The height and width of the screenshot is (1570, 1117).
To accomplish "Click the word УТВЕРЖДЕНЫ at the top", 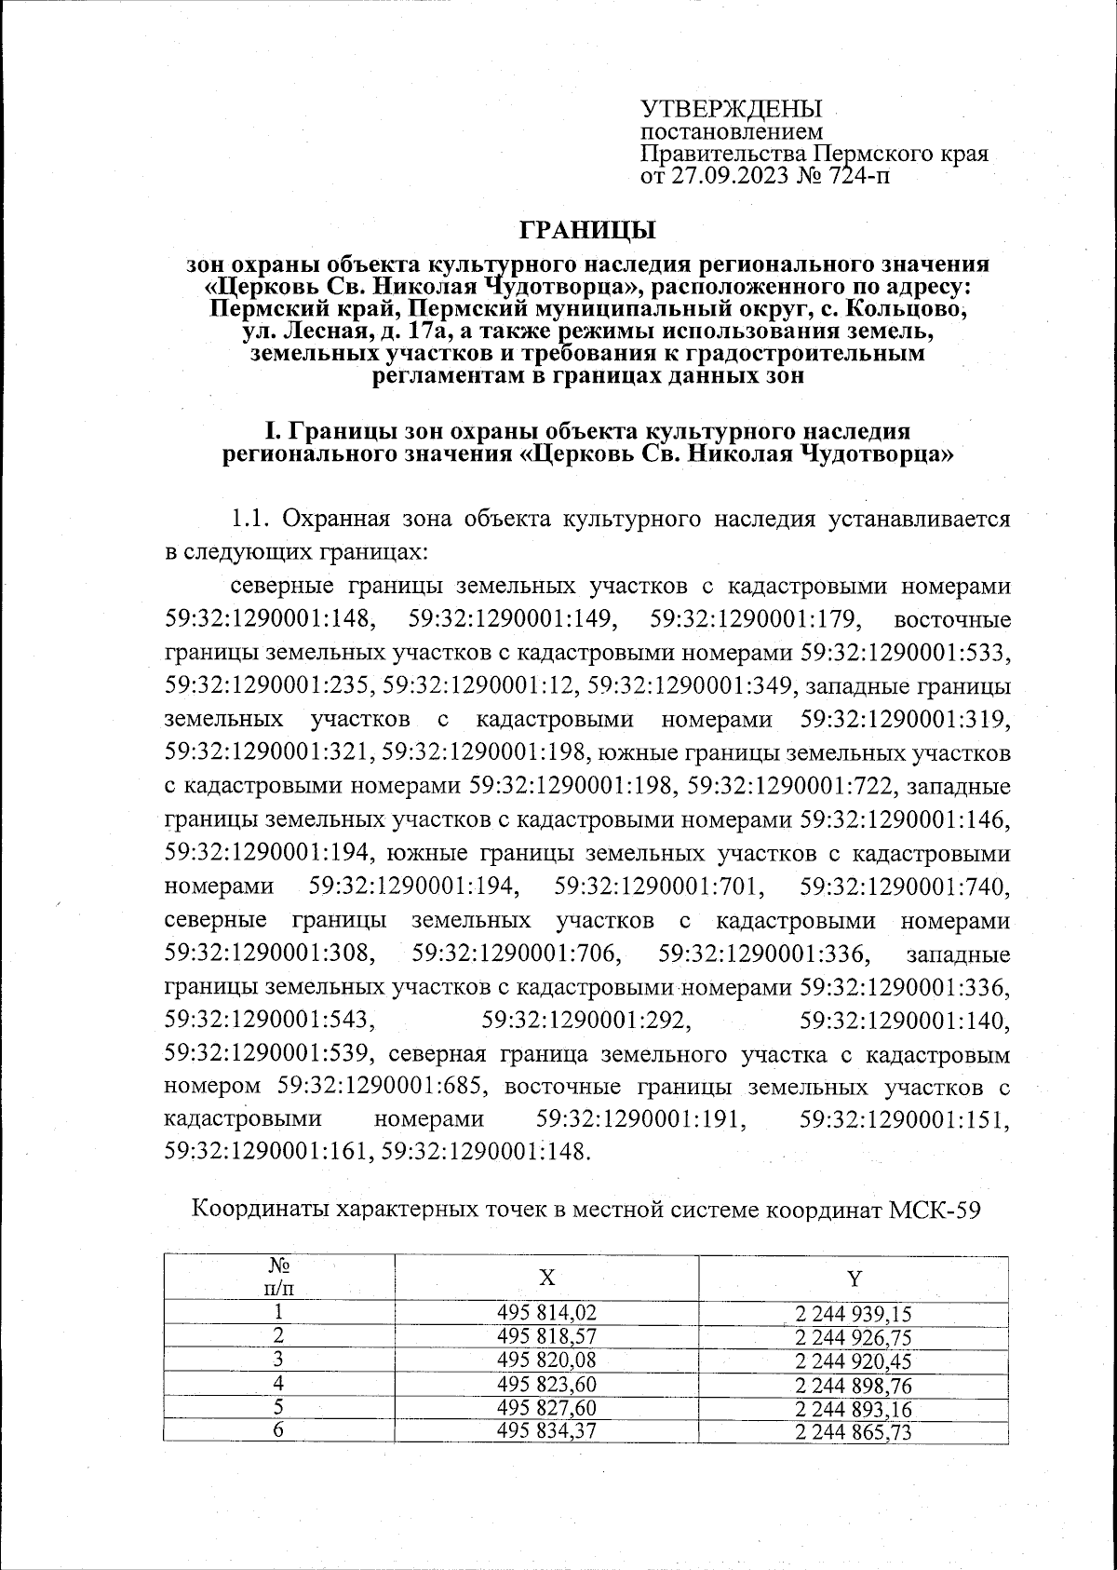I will click(733, 108).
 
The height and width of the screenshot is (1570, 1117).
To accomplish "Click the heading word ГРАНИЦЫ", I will click(587, 229).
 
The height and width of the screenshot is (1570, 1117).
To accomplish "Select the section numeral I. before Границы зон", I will click(274, 432).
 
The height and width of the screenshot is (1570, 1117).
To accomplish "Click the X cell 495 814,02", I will click(546, 1313).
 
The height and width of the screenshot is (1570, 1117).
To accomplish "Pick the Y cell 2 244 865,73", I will click(854, 1432).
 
